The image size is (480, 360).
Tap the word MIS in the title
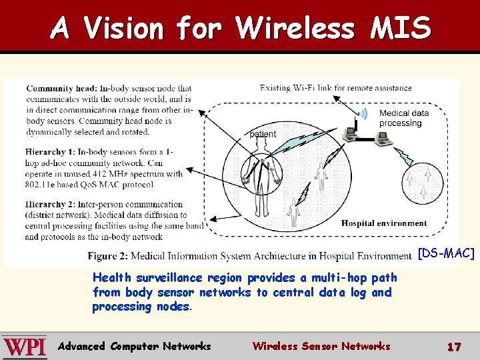coord(402,28)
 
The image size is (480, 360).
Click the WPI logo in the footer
coord(24,347)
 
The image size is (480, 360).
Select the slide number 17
coord(454,347)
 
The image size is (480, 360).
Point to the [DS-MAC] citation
coord(446,253)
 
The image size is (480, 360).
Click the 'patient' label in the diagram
coord(263,134)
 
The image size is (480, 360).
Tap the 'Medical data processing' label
coord(403,118)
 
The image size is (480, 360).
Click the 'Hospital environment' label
coord(384,223)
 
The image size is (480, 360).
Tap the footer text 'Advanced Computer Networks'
coord(135,346)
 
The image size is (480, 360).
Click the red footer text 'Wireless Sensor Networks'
coord(321,346)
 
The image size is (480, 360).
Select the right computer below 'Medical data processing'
coord(381,138)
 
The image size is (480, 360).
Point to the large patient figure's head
coord(261,147)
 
